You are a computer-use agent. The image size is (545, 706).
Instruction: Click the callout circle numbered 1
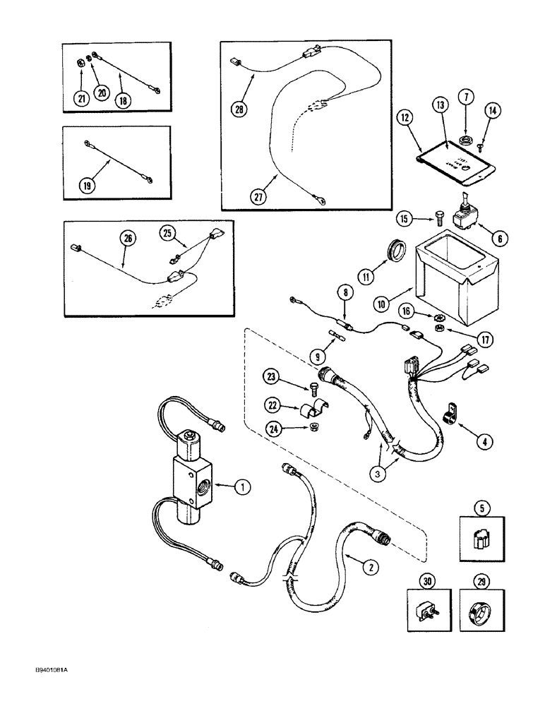(x=242, y=486)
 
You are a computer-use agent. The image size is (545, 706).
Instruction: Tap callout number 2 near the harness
(x=367, y=565)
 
